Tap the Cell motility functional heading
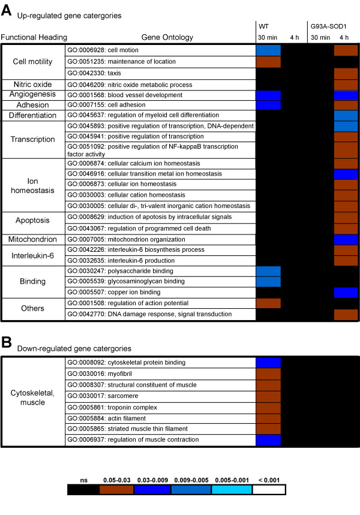tap(33, 61)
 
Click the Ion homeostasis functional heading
tap(33, 185)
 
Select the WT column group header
tap(263, 26)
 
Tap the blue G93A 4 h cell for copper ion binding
tap(346, 293)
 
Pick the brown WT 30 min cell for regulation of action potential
tap(268, 303)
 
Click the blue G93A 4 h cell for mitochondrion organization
tap(346, 239)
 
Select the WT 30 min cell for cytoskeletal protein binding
tap(268, 362)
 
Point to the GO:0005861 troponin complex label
tap(108, 406)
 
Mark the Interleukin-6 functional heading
tap(33, 255)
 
